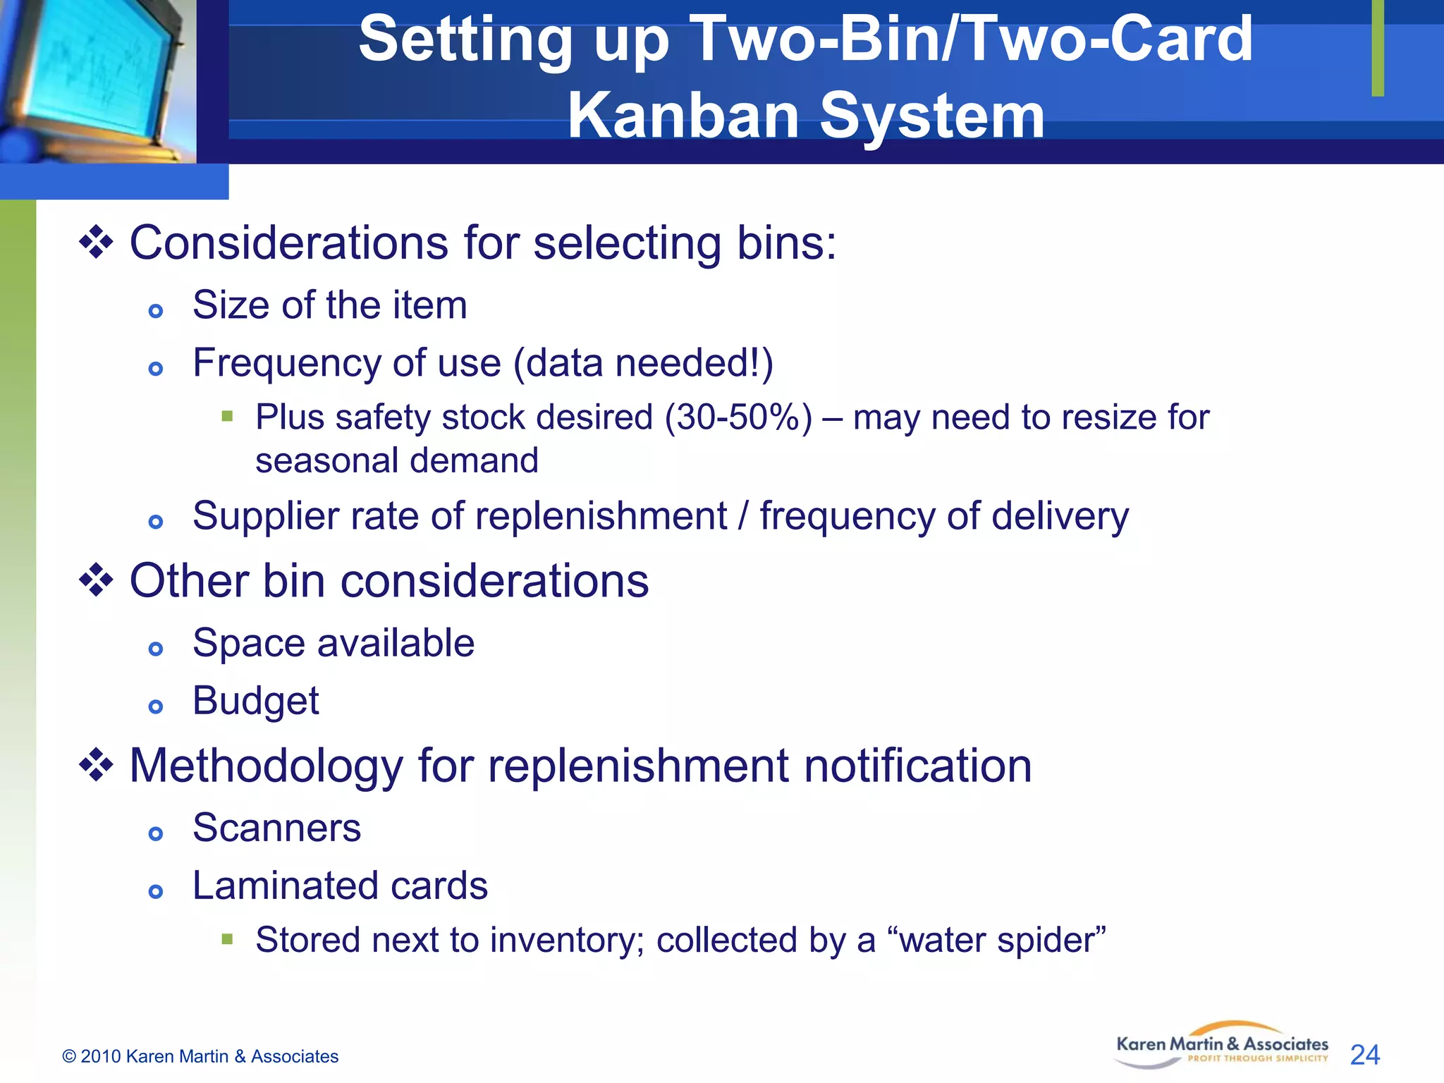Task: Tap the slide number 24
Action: [x=1364, y=1055]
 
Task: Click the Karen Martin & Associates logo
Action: [x=1221, y=1046]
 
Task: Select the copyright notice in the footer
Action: [x=200, y=1056]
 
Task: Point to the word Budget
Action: [x=255, y=701]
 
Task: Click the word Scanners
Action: [x=276, y=828]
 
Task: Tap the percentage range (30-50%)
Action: [x=738, y=417]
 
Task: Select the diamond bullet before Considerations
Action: [x=96, y=243]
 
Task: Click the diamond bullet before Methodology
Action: [x=96, y=766]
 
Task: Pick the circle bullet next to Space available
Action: [x=156, y=649]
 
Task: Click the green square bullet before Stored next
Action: [x=227, y=938]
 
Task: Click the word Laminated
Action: [x=285, y=886]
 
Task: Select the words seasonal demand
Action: [x=397, y=460]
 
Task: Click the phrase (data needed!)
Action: [x=643, y=363]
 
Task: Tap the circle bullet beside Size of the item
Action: [x=156, y=311]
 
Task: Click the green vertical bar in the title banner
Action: [x=1378, y=48]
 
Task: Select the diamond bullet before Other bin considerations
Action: [x=96, y=581]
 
